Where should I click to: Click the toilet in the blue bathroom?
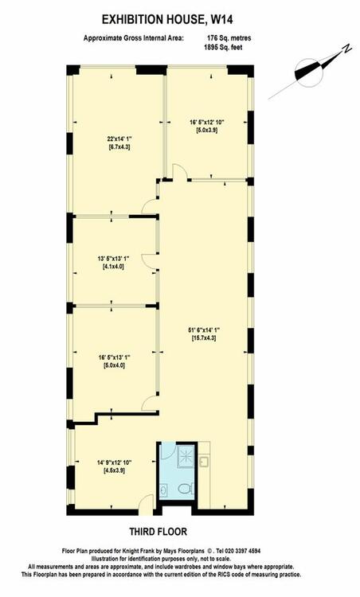point(186,489)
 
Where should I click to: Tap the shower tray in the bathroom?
point(186,457)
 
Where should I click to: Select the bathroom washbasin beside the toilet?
point(163,490)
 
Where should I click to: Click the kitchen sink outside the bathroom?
point(205,462)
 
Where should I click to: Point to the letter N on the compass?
point(346,49)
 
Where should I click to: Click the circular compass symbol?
point(309,72)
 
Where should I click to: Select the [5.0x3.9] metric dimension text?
point(206,131)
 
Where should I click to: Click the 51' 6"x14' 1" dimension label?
point(203,330)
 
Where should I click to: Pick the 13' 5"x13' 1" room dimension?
point(114,259)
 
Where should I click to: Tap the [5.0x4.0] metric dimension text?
point(114,365)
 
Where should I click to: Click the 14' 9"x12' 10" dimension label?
point(114,463)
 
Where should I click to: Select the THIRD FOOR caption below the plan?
point(158,532)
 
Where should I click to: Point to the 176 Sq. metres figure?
point(229,38)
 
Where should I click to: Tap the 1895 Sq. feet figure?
point(223,47)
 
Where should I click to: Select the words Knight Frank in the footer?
point(138,551)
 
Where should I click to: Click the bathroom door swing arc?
point(169,451)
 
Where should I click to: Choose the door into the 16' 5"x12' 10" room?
point(180,171)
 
